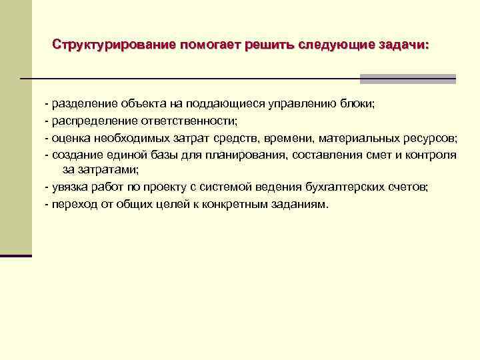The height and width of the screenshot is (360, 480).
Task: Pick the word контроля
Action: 433,155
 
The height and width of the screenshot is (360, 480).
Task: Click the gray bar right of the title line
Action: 407,79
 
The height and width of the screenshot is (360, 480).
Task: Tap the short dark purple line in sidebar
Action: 16,255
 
